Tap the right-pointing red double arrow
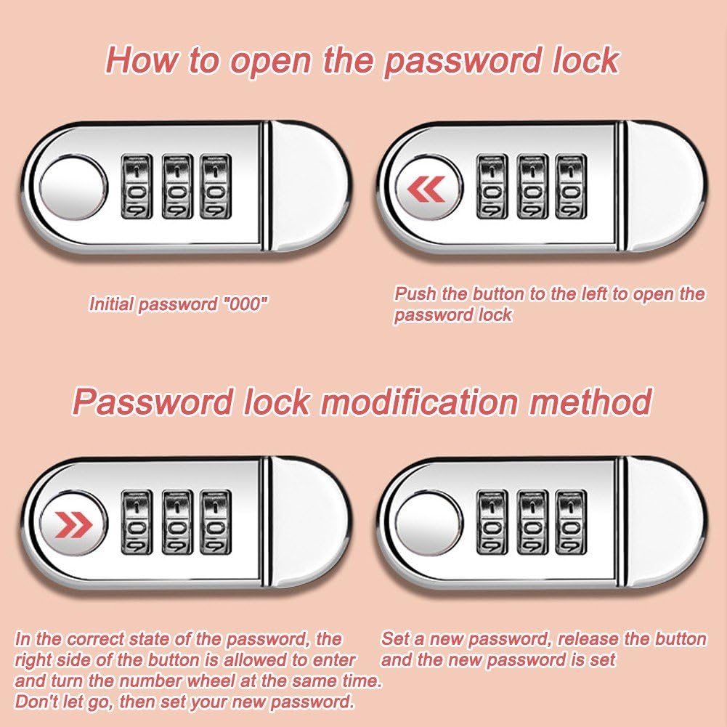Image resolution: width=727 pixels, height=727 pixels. click(73, 525)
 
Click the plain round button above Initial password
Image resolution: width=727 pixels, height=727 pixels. click(73, 188)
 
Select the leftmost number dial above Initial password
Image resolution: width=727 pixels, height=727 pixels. click(137, 186)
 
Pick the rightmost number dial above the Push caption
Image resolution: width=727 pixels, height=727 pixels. click(571, 187)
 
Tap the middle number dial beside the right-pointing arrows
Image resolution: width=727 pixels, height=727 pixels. click(177, 522)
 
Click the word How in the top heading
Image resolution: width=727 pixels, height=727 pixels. click(142, 60)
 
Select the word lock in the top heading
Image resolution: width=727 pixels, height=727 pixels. click(585, 60)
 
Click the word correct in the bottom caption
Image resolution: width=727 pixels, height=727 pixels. click(95, 639)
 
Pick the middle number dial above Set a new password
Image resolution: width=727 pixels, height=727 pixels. click(532, 522)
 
